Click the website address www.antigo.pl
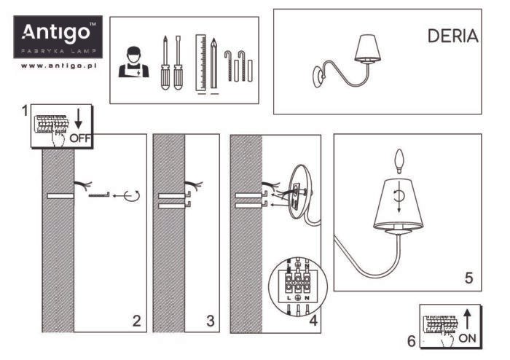(60, 66)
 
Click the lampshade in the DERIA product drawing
(371, 49)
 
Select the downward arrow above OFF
(79, 117)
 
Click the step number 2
(136, 319)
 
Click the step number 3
(210, 319)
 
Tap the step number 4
(313, 319)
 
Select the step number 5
(468, 278)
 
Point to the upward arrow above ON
(466, 316)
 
